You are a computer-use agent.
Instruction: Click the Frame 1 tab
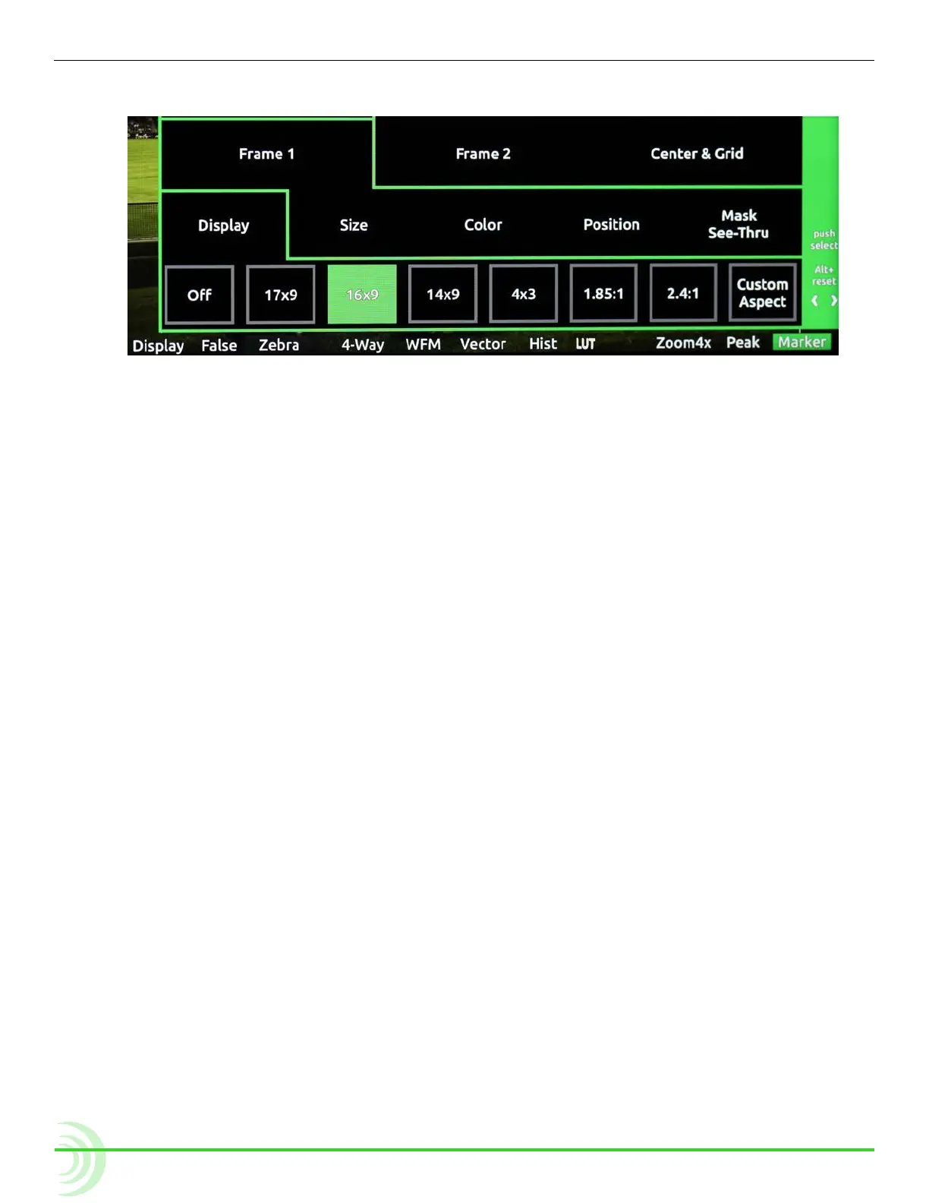[x=266, y=153]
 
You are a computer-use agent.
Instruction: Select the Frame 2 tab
[x=483, y=153]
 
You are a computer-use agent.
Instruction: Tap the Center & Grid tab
[x=697, y=153]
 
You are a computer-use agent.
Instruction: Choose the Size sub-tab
[x=354, y=225]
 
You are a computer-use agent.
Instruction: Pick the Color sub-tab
[x=483, y=225]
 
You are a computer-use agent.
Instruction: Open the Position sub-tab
[x=611, y=225]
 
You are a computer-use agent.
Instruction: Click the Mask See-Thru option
[x=738, y=224]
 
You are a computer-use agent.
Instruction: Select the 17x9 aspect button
[x=281, y=295]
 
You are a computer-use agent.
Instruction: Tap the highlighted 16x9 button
[x=362, y=295]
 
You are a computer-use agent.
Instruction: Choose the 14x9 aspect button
[x=442, y=294]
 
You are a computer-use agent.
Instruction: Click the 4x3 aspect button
[x=524, y=294]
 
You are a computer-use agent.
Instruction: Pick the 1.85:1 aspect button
[x=603, y=293]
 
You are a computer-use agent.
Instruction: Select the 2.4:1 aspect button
[x=683, y=293]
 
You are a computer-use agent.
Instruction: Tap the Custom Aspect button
[x=762, y=293]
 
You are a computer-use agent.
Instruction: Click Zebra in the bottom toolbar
[x=279, y=345]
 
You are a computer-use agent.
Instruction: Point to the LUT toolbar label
[x=585, y=344]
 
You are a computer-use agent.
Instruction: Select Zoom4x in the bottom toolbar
[x=683, y=343]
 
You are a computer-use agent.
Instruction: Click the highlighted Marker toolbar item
[x=801, y=342]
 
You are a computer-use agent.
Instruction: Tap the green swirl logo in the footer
[x=80, y=1158]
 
